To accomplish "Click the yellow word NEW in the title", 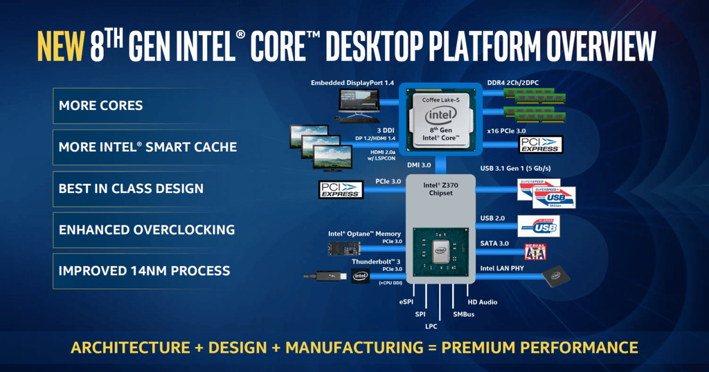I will click(x=60, y=48).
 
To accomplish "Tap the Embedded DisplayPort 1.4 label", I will click(x=352, y=83).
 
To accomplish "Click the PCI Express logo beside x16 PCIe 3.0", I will click(x=541, y=144).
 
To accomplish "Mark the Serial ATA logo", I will click(x=536, y=251).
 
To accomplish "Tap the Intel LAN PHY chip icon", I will click(x=556, y=277).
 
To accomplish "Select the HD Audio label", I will click(x=482, y=302).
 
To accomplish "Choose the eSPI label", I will click(x=406, y=302).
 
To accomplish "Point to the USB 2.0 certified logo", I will click(x=538, y=226).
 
